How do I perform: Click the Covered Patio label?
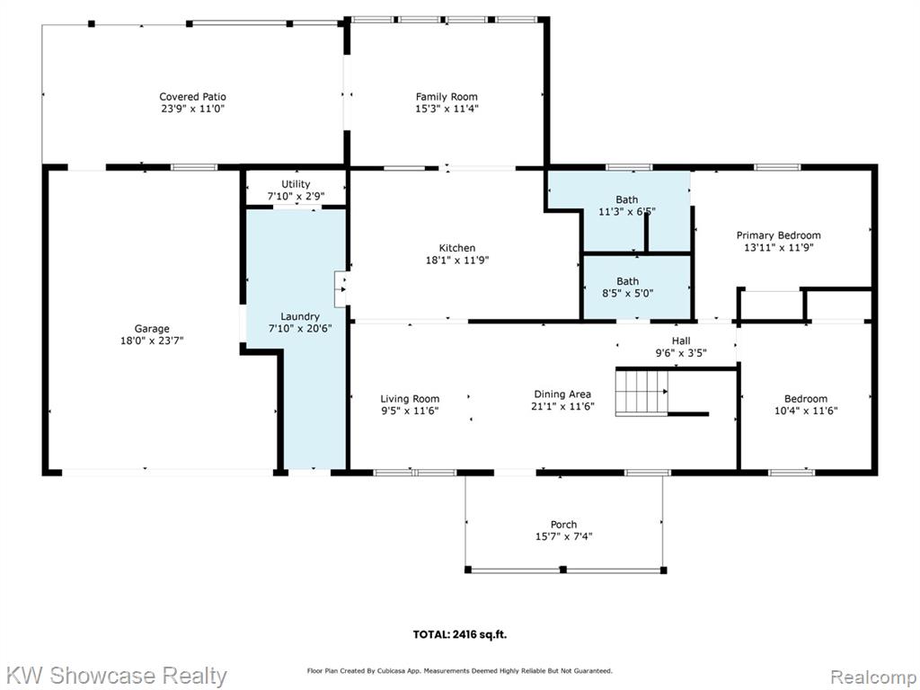192,97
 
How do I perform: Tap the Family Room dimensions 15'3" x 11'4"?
447,109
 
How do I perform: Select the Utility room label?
296,184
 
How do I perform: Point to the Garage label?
152,329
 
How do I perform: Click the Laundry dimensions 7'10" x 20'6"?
300,329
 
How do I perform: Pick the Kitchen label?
457,248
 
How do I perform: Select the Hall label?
681,341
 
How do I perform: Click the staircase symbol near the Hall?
641,392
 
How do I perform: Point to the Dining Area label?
562,394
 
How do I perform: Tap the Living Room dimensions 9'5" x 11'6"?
410,411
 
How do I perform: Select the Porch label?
564,525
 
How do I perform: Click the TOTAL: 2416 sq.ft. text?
460,634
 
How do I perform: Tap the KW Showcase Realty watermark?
116,676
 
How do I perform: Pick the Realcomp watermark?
872,677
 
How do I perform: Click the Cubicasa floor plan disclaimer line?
460,670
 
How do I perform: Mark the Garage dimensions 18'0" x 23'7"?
152,341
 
